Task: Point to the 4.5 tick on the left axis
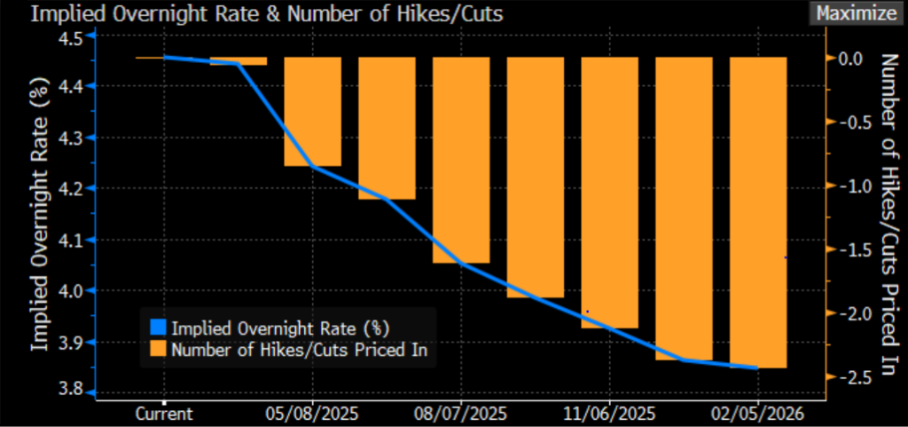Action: point(70,38)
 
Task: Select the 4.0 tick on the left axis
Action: point(70,291)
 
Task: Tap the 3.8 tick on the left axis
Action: point(70,389)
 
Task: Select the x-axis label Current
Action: point(164,414)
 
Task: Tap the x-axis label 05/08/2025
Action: point(312,414)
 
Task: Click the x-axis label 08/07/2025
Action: point(461,414)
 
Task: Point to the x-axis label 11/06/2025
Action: point(610,414)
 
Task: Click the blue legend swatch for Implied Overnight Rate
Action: point(159,326)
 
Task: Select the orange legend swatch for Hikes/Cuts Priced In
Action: point(159,350)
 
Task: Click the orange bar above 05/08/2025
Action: point(312,111)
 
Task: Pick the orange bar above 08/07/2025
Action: point(461,160)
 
